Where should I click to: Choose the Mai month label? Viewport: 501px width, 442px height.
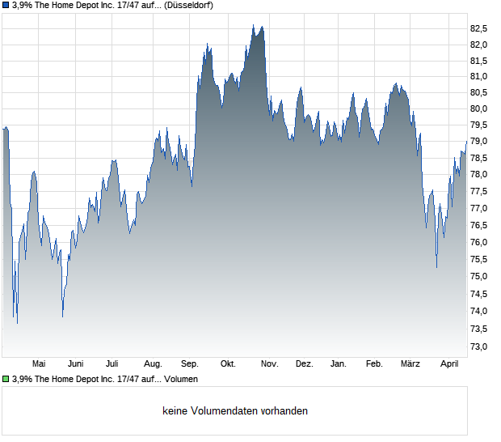[39, 364]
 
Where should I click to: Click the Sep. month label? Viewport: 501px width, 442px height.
[190, 364]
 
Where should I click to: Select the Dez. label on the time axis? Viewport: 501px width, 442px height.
[304, 364]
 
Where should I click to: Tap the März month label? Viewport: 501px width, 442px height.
[410, 364]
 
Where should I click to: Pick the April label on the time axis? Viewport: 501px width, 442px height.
[448, 364]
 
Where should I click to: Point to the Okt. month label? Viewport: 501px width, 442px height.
[228, 364]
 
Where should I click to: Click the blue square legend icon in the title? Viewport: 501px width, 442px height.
[5, 5]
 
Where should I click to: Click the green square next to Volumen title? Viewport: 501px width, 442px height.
[5, 379]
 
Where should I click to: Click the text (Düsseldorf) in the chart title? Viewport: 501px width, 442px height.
[187, 5]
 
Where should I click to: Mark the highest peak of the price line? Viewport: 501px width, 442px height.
[253, 25]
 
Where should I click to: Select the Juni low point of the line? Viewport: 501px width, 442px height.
[63, 317]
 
